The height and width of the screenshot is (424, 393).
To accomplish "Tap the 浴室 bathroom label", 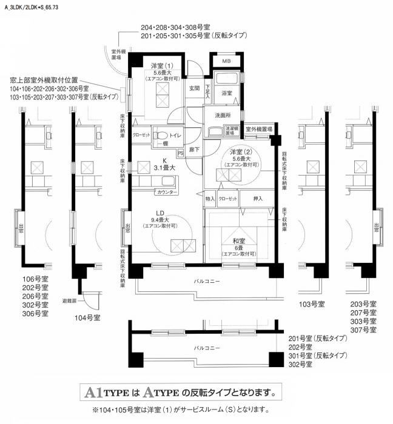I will (x=227, y=93).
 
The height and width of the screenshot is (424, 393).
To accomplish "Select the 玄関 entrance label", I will (x=193, y=88).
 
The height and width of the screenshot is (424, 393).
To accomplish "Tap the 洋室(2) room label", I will (x=240, y=151).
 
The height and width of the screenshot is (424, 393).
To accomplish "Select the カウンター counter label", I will (x=167, y=192).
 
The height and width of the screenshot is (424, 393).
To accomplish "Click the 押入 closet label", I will (x=257, y=198).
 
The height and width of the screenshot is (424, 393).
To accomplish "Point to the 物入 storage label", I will (x=210, y=199).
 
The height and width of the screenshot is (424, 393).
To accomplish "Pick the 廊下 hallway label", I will (x=193, y=149).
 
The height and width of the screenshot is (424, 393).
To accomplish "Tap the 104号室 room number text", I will (x=87, y=317).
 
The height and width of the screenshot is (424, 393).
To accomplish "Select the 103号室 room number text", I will (x=312, y=303).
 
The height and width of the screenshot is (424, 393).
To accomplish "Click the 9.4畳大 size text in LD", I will (x=161, y=219).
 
